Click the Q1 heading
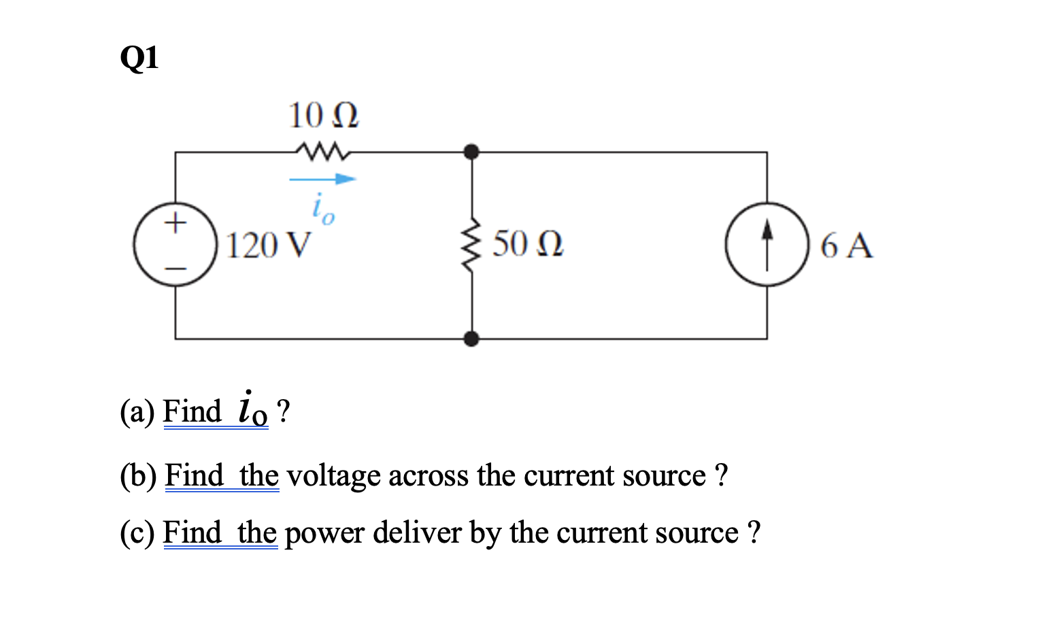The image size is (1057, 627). (x=139, y=58)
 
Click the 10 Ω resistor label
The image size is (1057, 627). (x=323, y=116)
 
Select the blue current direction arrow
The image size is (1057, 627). (x=323, y=180)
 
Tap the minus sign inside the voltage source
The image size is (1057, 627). (x=175, y=269)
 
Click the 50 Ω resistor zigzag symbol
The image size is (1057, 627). (x=471, y=245)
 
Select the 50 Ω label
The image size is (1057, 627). (x=528, y=244)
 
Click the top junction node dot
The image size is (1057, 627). (x=471, y=151)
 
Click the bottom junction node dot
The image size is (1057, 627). (x=471, y=338)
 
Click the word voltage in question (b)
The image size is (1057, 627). (x=333, y=476)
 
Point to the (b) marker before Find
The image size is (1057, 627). (x=138, y=476)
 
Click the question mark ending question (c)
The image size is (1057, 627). (x=753, y=532)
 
